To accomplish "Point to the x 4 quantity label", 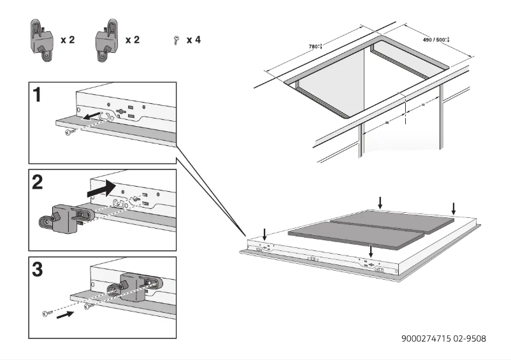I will pos(194,40).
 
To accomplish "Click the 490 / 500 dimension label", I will pos(436,40).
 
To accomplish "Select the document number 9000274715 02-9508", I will pos(443,338).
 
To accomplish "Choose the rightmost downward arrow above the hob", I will pos(453,208).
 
